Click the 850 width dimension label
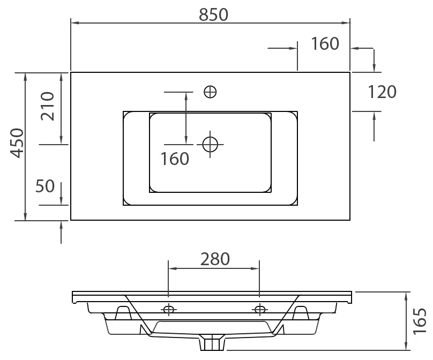(213, 15)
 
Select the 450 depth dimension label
(17, 143)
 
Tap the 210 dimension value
(47, 106)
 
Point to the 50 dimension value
(45, 186)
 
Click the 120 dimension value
(382, 92)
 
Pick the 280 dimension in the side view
(215, 259)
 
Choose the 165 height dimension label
(420, 321)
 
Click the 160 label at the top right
(325, 43)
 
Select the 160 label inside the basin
(175, 159)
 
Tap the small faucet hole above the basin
(210, 92)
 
